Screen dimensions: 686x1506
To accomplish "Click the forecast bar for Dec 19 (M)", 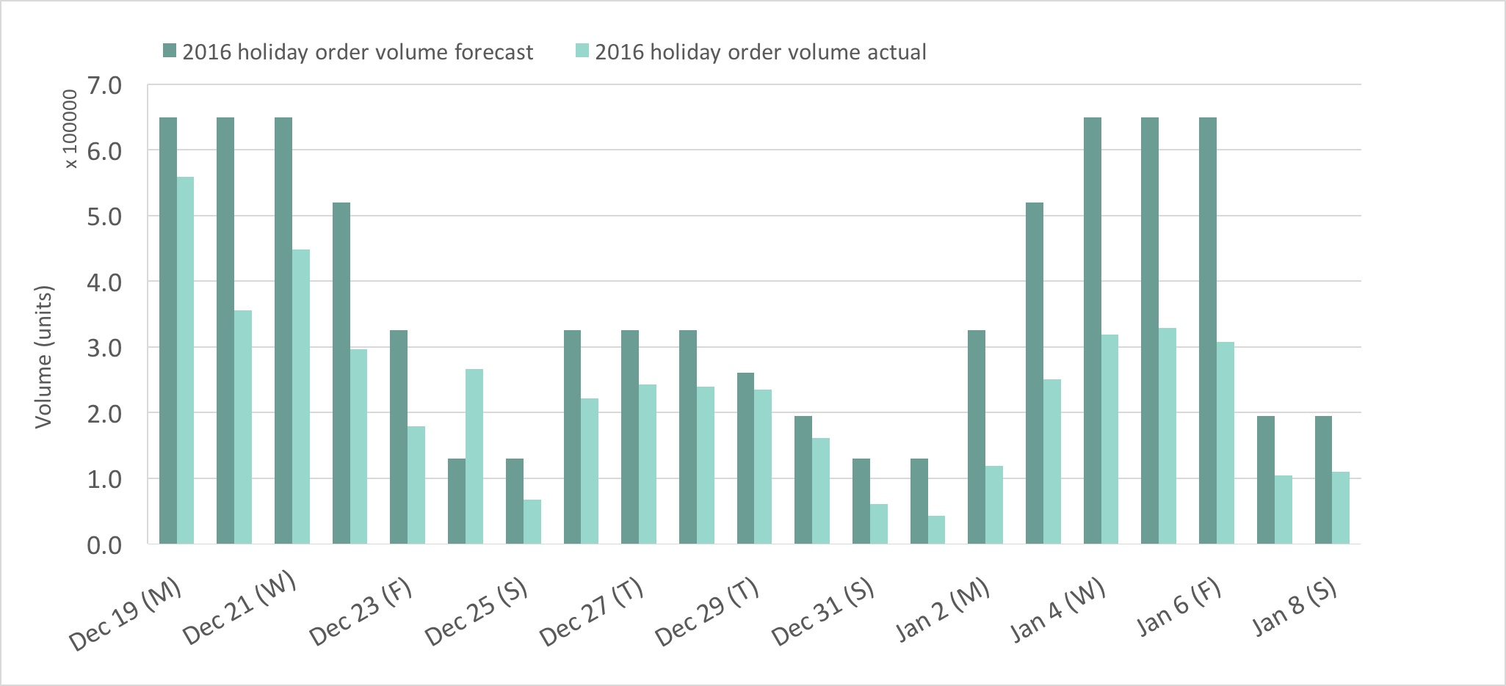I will click(168, 330).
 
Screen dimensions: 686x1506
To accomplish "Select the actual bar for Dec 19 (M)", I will click(185, 360).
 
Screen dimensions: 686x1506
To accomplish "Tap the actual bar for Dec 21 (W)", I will click(301, 396).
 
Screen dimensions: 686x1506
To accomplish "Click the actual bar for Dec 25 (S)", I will click(532, 522).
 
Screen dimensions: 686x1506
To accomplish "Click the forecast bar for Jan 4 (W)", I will click(1093, 330).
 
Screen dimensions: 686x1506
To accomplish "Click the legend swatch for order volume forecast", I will click(170, 51).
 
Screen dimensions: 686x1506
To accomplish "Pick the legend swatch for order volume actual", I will click(582, 51).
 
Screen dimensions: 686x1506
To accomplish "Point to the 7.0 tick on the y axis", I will click(104, 85).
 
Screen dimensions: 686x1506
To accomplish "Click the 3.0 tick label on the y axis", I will click(104, 348).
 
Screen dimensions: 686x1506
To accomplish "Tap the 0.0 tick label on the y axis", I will click(104, 545).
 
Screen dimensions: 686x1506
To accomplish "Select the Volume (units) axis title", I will click(44, 357).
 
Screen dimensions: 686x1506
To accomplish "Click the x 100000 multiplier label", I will click(70, 129).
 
